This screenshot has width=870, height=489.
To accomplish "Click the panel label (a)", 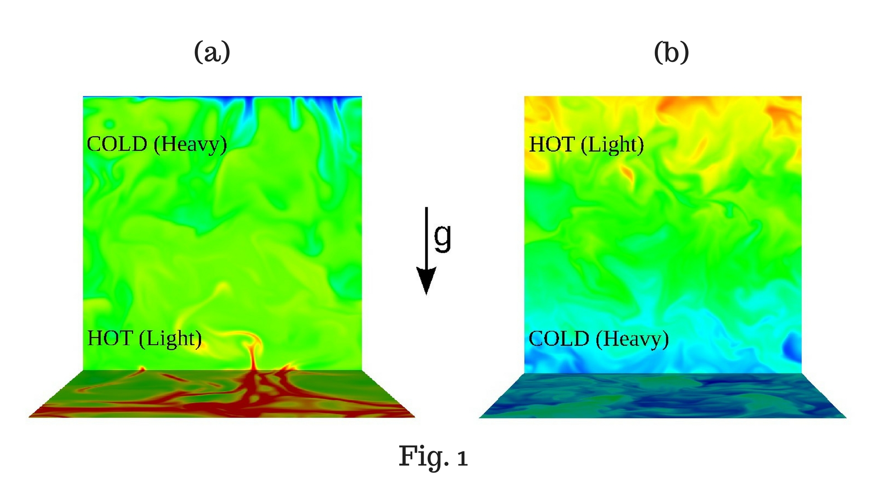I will click(x=212, y=52).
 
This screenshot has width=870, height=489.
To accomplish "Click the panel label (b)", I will click(x=671, y=52).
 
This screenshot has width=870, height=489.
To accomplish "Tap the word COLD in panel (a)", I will click(x=117, y=144).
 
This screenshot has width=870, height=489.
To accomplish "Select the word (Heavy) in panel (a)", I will click(x=190, y=145).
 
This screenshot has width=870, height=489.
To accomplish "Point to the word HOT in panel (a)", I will click(x=110, y=338).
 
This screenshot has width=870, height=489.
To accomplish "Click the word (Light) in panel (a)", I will click(x=170, y=339).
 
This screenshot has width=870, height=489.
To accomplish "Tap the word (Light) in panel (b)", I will click(x=612, y=145).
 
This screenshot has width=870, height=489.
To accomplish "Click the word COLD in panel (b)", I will click(x=559, y=339).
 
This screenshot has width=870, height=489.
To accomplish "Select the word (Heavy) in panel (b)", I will click(x=632, y=339).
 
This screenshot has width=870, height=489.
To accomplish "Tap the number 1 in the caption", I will click(x=462, y=458).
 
